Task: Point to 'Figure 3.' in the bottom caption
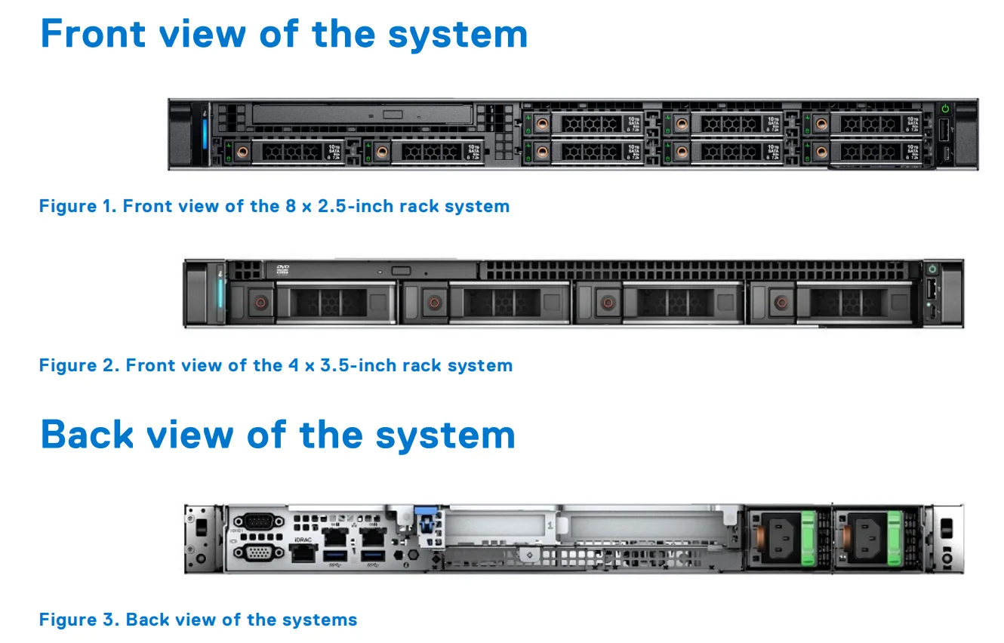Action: pos(79,620)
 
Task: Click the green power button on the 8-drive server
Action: pos(944,109)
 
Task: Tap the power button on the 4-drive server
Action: pos(933,269)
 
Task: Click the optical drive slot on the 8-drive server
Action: pos(362,114)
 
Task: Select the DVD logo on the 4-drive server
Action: pos(283,268)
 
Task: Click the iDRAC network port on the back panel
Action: pos(303,553)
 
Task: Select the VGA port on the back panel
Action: pos(258,553)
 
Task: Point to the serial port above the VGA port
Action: pos(258,521)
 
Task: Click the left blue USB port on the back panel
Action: pos(332,557)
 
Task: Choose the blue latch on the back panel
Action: pos(424,521)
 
